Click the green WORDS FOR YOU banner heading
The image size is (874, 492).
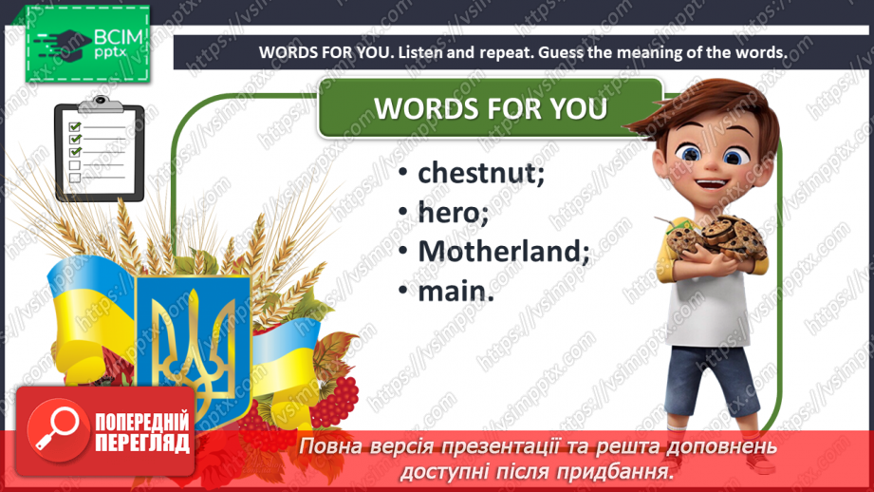(491, 108)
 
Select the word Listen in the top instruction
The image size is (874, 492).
(422, 52)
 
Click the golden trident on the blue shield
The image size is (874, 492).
(193, 346)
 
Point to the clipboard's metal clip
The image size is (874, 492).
(101, 104)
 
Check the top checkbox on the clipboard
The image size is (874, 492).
(75, 126)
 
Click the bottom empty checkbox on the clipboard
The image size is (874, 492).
(75, 178)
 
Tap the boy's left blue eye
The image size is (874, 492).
(691, 153)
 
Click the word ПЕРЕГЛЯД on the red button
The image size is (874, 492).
(142, 444)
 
